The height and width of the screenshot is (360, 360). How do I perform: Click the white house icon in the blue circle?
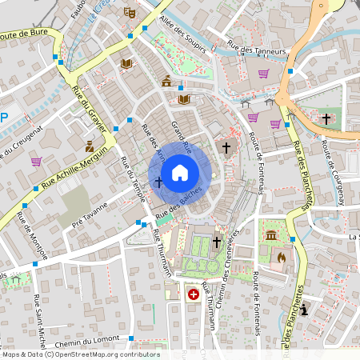(x=180, y=172)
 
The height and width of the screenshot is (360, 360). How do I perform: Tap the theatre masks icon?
(x=129, y=13)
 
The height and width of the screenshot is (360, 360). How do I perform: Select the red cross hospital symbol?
(x=193, y=294)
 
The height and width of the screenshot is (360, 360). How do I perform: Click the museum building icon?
(x=272, y=236)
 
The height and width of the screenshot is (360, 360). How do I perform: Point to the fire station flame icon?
(x=281, y=258)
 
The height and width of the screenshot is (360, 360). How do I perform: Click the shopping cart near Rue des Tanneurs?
(x=263, y=74)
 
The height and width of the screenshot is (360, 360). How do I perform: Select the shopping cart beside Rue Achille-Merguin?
(x=36, y=161)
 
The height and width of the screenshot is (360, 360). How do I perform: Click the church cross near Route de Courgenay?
(x=326, y=118)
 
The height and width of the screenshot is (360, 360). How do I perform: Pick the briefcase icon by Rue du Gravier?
(x=90, y=146)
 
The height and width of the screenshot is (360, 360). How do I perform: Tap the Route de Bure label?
(x=24, y=34)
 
